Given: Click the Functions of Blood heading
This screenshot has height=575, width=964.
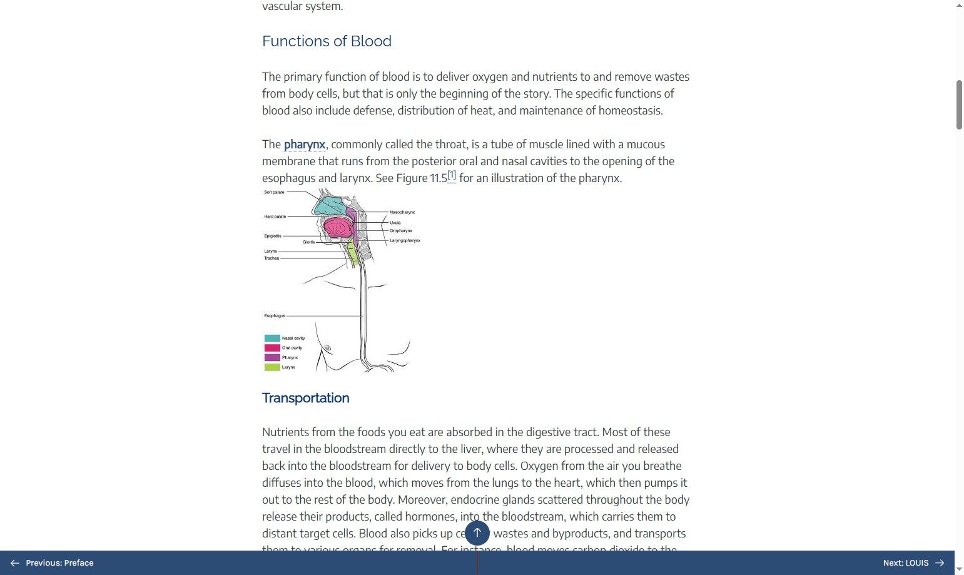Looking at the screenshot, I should pos(327,41).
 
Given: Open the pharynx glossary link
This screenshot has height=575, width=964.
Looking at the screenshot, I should pos(304,145).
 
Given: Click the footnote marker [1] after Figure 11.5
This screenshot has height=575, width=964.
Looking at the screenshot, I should pos(452,176).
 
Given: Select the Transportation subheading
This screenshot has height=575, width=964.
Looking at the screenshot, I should pos(305,398).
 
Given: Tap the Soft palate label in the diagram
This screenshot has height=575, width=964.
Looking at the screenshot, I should pos(274,192).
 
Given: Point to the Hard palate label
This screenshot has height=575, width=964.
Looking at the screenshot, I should pos(275,216).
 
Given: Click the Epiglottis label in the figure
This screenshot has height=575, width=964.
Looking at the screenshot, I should pos(273,236).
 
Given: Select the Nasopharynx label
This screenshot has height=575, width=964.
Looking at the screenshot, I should pos(402,212).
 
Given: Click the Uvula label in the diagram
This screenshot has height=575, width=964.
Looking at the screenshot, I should pos(395,223).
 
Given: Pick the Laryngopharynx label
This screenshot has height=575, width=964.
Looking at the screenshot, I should pos(405,240).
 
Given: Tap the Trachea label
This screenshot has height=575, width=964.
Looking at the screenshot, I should pos(271,258).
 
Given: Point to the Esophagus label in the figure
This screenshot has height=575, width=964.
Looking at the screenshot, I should pos(275,316).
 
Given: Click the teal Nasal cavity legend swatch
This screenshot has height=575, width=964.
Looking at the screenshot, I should pos(272,338).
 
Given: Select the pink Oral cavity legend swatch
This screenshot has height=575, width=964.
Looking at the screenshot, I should pos(272,348).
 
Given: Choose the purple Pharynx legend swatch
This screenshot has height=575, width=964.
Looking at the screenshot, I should pos(272,358).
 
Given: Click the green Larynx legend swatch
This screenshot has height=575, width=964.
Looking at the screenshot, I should pos(272,367).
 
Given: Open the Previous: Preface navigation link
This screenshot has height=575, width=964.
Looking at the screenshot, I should pos(53,563).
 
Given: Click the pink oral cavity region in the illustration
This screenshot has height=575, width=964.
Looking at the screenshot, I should pos(337,227).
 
